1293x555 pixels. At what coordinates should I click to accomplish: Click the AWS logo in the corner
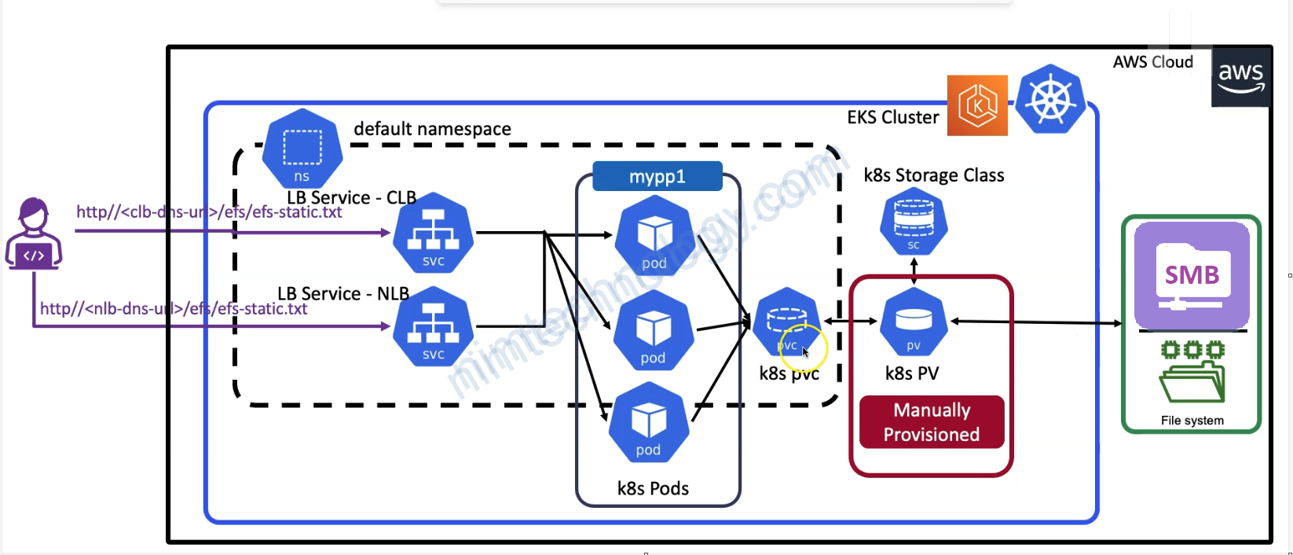[1240, 77]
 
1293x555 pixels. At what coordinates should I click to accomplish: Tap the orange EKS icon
[977, 105]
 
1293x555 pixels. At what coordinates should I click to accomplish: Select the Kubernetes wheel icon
[1050, 100]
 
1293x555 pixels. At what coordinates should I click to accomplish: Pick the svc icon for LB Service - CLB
[433, 233]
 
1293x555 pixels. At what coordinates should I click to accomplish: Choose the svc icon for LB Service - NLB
[433, 326]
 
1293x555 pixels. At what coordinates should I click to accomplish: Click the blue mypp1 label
[657, 177]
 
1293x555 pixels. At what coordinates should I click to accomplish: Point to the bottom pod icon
[649, 423]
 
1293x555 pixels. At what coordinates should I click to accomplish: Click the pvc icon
[786, 323]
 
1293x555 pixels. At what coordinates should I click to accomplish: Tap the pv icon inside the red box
[914, 322]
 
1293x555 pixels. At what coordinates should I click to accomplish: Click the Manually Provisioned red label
[932, 422]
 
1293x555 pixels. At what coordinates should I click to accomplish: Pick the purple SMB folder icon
[1192, 276]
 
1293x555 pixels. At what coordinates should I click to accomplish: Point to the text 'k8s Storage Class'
[933, 175]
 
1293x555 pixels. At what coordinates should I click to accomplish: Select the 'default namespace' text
[432, 129]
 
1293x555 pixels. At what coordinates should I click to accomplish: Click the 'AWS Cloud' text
[1152, 62]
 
